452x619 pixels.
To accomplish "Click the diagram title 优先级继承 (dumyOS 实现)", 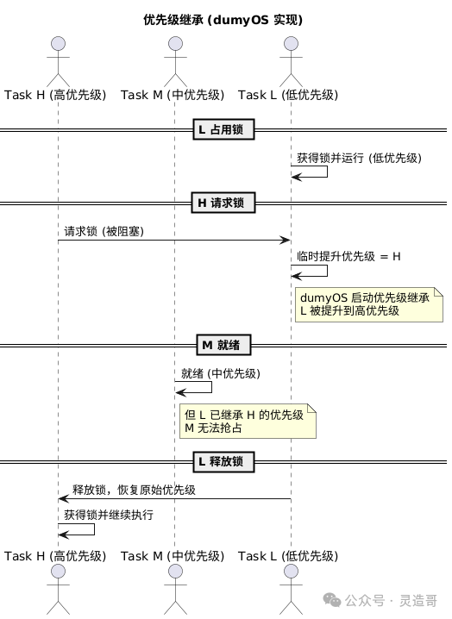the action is click(223, 20).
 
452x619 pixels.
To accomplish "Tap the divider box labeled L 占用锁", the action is click(223, 129).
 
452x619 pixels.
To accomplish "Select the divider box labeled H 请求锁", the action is click(223, 203).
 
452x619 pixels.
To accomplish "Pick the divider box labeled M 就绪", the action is click(223, 345).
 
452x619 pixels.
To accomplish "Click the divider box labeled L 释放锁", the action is click(223, 461).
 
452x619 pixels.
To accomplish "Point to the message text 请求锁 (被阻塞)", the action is click(104, 231).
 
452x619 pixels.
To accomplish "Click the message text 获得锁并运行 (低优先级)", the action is click(359, 158).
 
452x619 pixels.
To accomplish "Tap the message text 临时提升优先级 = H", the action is click(348, 257).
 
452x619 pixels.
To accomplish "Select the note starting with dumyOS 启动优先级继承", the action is click(369, 304).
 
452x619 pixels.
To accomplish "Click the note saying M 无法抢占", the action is click(248, 421).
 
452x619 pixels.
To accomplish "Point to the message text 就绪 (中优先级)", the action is click(221, 373).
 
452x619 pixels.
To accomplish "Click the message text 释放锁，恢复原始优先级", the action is click(134, 490).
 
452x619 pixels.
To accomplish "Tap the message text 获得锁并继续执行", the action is click(109, 515).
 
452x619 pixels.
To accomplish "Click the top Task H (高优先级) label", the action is click(55, 95).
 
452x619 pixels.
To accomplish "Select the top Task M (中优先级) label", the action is click(173, 95).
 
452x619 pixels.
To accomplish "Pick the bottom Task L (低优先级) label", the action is click(288, 556).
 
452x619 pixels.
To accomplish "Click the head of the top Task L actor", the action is click(292, 43).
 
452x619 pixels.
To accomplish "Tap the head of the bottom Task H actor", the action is click(58, 571).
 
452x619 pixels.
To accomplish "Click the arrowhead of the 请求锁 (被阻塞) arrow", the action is click(286, 240).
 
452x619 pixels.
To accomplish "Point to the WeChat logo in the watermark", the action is click(332, 600).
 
